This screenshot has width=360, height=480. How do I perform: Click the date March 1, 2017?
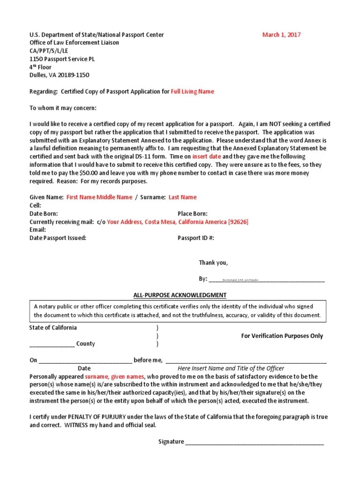pos(281,35)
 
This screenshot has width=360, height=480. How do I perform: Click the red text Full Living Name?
pos(192,92)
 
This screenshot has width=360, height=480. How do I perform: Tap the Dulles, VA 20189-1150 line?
pos(60,75)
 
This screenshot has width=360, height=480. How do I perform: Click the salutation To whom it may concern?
pos(63,108)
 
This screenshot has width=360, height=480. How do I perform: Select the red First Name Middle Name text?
pos(99,197)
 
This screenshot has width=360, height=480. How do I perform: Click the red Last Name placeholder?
pos(182,197)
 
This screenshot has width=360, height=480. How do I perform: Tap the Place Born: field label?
pos(193,214)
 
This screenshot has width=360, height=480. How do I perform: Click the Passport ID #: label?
pos(195,238)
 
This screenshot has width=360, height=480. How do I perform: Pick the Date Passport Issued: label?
pos(58,238)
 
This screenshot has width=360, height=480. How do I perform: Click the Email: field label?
pos(38,230)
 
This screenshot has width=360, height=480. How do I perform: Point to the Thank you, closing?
pos(213,263)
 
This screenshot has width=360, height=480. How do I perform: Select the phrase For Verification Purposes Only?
pos(282,336)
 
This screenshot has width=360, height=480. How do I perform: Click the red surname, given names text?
pos(115,376)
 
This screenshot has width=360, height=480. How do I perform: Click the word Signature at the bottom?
pos(171,442)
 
